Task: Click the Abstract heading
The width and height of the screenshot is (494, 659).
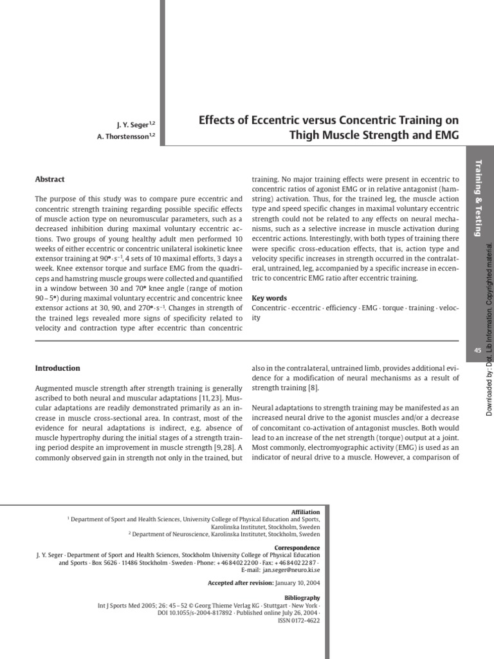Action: [x=50, y=180]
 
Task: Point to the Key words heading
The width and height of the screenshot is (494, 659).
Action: [x=269, y=298]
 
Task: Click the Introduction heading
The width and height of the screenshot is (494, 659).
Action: [x=57, y=368]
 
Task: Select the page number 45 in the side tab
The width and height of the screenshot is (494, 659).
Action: [x=477, y=350]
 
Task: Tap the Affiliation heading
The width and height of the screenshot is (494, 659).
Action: [x=306, y=512]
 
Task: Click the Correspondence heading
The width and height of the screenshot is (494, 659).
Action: [x=298, y=548]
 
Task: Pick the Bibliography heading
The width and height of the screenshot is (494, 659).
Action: [x=302, y=598]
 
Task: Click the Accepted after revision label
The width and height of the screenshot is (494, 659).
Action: [x=240, y=583]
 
